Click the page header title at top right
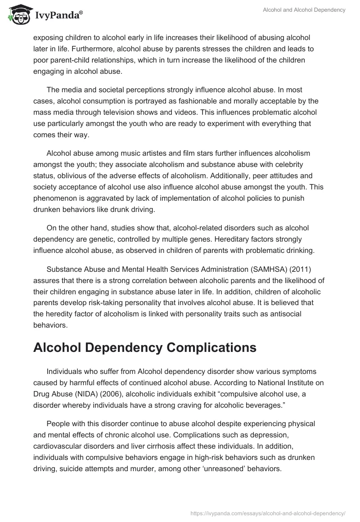click(304, 10)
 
